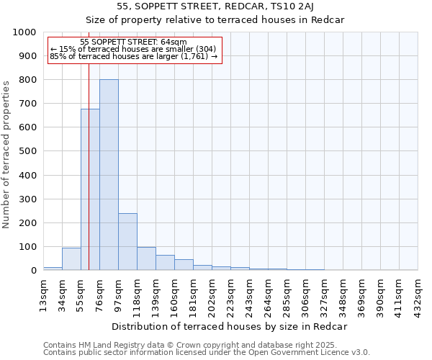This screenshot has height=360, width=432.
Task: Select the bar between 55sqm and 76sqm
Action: [x=90, y=190]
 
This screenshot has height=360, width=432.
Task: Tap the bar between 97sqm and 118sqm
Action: [x=127, y=242]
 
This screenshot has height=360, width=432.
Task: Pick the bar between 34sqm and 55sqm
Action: [x=71, y=259]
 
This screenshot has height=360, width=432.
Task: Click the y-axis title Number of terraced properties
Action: [x=6, y=154]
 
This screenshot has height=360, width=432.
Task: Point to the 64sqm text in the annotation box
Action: [x=175, y=42]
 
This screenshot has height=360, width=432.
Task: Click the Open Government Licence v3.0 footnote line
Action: [x=207, y=353]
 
